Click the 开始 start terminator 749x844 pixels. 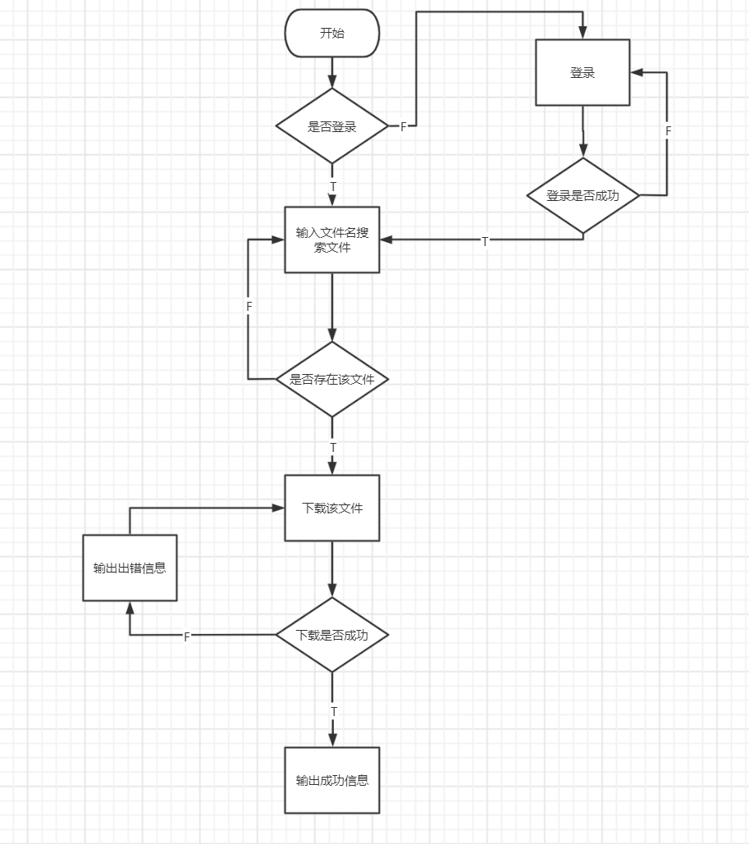click(x=332, y=34)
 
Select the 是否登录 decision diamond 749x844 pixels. click(x=332, y=126)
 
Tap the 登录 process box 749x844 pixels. click(x=582, y=72)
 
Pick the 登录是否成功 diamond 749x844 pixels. click(x=582, y=195)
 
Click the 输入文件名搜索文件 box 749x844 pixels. click(x=332, y=240)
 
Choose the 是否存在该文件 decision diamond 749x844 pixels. click(x=332, y=379)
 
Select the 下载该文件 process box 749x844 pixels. click(x=332, y=508)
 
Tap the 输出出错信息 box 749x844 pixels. click(x=130, y=568)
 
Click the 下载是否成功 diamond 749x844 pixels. click(x=332, y=635)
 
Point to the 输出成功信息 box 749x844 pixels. click(x=332, y=780)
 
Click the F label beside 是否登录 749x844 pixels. click(x=403, y=126)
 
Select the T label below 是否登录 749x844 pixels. click(x=333, y=187)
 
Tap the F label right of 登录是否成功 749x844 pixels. click(x=668, y=131)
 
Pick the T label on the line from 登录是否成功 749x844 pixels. click(x=485, y=241)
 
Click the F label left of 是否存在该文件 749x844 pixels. click(x=249, y=306)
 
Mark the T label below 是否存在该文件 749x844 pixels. click(x=333, y=447)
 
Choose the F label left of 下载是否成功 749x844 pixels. click(x=187, y=636)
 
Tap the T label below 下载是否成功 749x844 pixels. click(x=333, y=710)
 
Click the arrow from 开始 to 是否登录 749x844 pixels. click(x=332, y=73)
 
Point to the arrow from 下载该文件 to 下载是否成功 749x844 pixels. click(x=332, y=569)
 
